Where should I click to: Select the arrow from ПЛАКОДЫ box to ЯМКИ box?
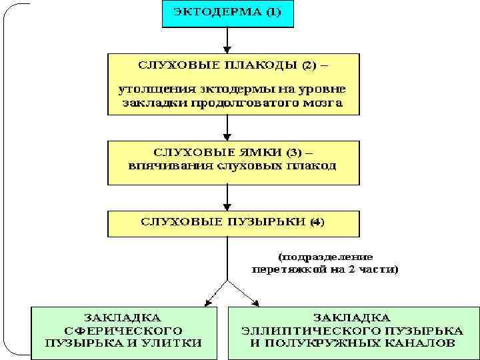point(228,127)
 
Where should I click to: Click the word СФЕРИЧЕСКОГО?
point(125,331)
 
